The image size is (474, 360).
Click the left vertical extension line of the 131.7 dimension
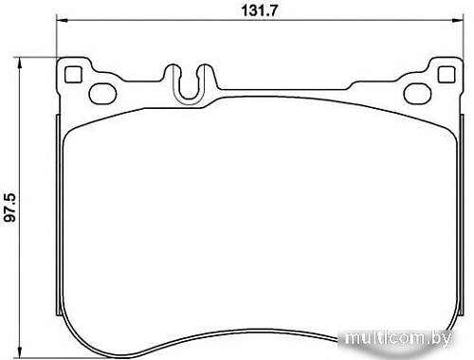[57, 38]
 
